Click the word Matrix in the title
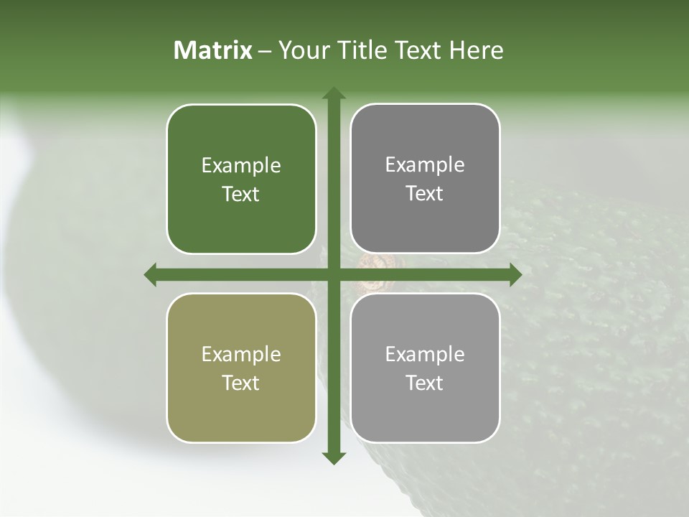point(213,50)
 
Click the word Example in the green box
point(241,166)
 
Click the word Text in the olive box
point(241,383)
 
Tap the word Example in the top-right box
point(425,165)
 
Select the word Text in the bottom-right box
point(425,383)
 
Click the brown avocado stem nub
point(372,263)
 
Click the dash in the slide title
point(265,51)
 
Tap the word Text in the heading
point(418,50)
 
